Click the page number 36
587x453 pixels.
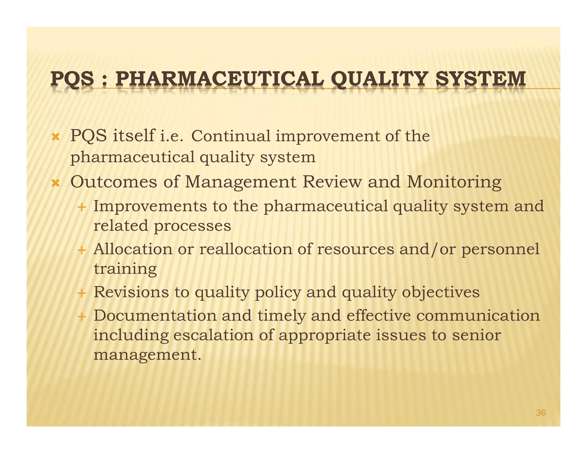tap(541, 413)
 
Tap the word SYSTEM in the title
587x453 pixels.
tap(481, 79)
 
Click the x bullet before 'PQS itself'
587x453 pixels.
tap(55, 137)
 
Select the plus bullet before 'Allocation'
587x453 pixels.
tap(82, 250)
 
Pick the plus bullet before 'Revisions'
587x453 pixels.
tap(82, 293)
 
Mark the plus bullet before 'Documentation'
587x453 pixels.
tap(82, 317)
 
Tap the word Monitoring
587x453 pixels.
tap(454, 182)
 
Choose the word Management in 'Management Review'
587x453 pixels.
tap(240, 182)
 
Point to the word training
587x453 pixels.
tap(125, 269)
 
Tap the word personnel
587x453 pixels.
tap(500, 249)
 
